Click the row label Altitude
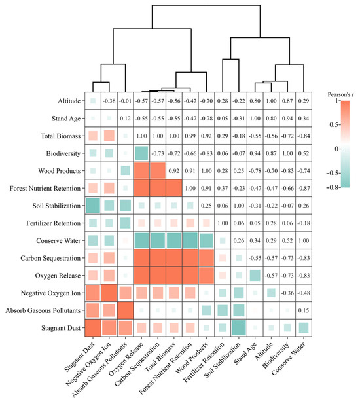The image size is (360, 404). (69, 101)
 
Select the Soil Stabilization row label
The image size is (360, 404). (56, 206)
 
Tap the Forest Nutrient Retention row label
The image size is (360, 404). (45, 189)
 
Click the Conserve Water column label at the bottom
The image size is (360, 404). (289, 359)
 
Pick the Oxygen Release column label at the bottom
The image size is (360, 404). (126, 359)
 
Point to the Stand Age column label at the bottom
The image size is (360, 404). (245, 354)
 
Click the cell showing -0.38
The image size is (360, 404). (109, 101)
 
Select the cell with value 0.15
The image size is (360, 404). (304, 310)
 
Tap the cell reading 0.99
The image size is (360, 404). (190, 136)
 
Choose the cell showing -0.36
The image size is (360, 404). (287, 293)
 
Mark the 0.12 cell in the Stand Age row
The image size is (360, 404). (126, 119)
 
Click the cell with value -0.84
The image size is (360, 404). (304, 136)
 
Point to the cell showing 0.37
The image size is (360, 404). (223, 189)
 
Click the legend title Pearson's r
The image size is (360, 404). (340, 94)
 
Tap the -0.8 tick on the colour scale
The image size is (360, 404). (333, 187)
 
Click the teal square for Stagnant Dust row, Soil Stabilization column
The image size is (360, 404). (239, 328)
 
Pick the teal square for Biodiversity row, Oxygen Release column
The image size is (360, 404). (141, 153)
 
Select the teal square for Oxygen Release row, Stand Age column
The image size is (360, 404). (255, 276)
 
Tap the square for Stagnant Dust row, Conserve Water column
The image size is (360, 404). (304, 328)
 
